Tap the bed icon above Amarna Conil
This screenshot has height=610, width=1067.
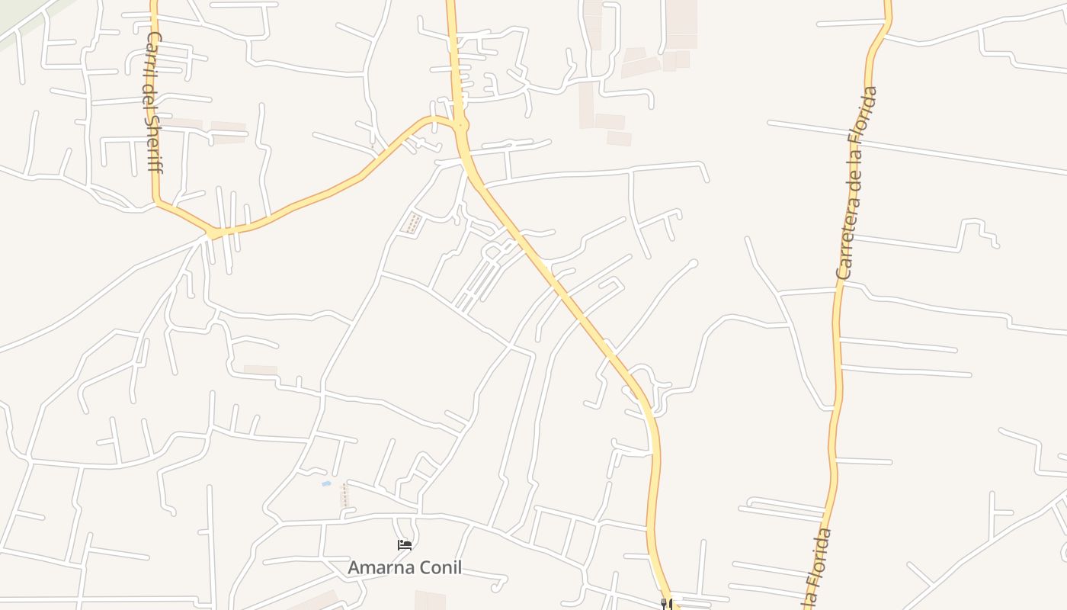click(x=405, y=545)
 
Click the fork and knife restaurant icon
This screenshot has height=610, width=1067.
click(x=665, y=604)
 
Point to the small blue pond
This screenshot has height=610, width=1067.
click(x=326, y=483)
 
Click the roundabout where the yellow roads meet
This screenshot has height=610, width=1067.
click(x=460, y=125)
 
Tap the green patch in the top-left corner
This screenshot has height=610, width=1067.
click(x=15, y=23)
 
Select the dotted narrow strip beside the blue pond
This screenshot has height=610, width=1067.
click(x=344, y=495)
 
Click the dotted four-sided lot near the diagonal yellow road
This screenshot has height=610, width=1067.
click(x=412, y=223)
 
